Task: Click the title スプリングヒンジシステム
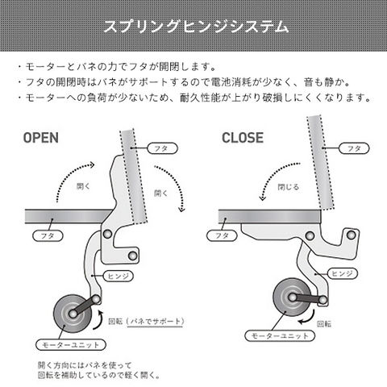(193, 27)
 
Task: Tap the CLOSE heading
(243, 137)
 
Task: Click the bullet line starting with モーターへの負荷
(193, 99)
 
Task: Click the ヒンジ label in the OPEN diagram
(117, 275)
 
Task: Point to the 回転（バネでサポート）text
(154, 321)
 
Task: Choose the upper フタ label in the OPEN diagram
(160, 148)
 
